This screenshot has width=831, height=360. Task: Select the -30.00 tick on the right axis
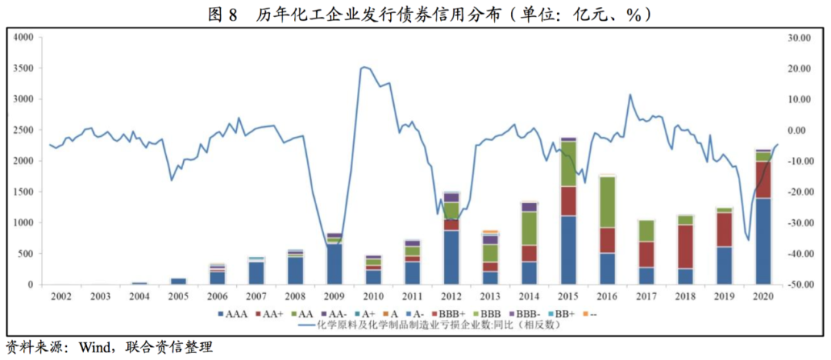[x=799, y=222]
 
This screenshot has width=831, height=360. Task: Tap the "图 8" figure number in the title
[x=221, y=14]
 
